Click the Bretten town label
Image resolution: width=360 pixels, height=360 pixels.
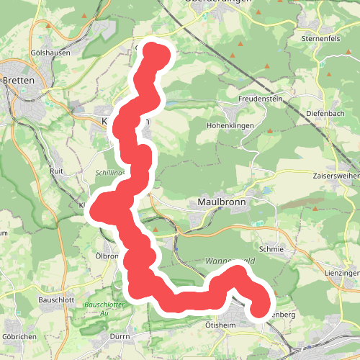(19, 81)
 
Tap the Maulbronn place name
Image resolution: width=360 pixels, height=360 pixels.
(222, 203)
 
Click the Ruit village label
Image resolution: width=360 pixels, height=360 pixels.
(57, 171)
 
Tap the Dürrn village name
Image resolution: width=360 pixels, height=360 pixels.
(120, 336)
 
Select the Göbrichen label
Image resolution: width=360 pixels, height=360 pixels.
(19, 336)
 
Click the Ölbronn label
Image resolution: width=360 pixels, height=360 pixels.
(107, 256)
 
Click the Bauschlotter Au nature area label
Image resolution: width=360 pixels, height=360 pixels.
(100, 309)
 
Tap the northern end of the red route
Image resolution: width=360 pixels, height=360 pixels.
(157, 53)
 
